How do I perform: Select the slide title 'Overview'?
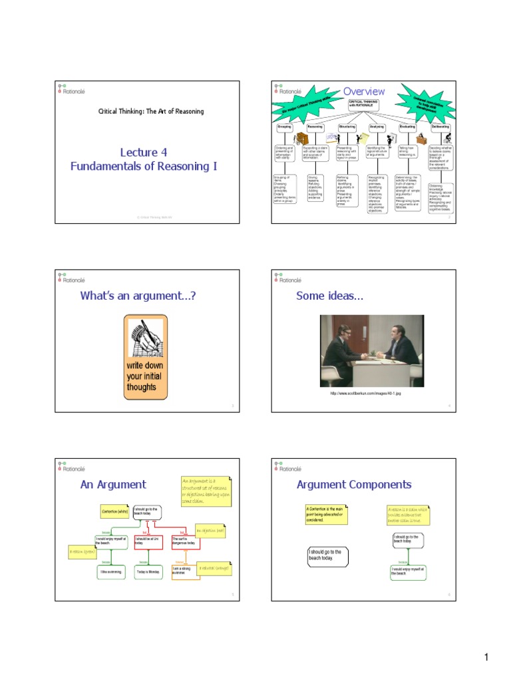click(363, 91)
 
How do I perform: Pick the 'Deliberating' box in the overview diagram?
click(440, 126)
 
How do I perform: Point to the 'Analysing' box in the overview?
click(377, 126)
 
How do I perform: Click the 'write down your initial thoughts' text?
click(145, 376)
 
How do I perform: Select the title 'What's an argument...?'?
click(138, 296)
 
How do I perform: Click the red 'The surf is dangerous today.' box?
click(186, 541)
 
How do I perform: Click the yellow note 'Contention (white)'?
click(114, 511)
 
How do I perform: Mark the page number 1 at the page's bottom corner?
click(486, 659)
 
